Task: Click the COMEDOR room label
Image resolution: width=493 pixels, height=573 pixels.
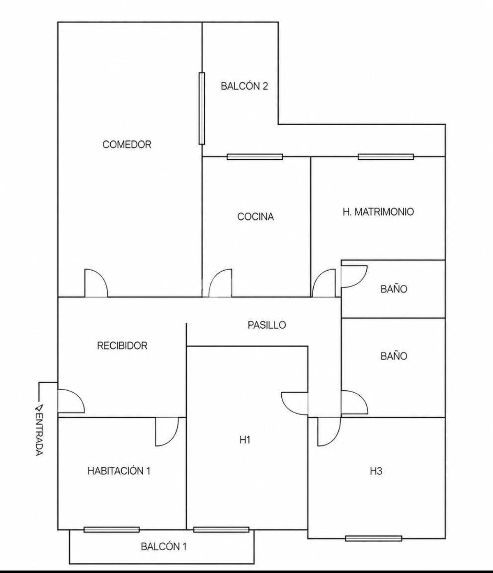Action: [127, 144]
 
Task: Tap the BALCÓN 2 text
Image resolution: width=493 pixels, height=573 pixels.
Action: [245, 86]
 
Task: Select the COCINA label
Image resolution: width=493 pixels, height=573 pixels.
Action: [255, 216]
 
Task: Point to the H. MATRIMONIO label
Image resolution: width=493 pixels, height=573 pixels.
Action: [378, 212]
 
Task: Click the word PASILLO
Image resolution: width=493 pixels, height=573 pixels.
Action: [266, 325]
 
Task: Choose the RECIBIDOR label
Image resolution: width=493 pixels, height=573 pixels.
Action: [122, 345]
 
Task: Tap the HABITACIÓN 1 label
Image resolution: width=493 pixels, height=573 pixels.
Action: [119, 471]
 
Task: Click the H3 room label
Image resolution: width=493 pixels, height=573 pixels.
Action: [376, 471]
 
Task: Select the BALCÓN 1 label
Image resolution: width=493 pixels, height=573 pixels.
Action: [164, 547]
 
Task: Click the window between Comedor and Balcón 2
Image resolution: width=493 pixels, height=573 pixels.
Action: [201, 108]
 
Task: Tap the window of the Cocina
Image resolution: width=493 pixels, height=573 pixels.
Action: [254, 157]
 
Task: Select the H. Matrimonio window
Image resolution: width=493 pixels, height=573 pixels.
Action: [386, 157]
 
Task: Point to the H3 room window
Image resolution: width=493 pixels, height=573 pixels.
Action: [373, 538]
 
